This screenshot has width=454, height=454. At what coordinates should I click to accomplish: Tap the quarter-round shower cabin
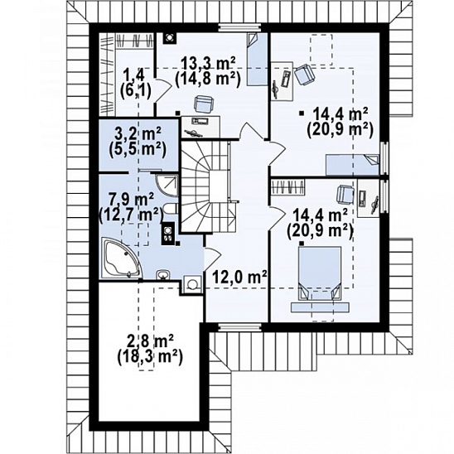(167, 186)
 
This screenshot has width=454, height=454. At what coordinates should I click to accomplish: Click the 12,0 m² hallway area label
(239, 278)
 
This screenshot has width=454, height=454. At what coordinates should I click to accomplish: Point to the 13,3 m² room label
(208, 63)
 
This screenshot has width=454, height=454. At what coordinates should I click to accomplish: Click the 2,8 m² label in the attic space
(150, 341)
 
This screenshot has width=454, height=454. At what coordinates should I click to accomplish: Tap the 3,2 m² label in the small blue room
(138, 134)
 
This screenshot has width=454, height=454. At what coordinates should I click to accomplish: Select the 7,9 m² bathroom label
(131, 200)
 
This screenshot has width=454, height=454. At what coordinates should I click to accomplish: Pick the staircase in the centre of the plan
(208, 186)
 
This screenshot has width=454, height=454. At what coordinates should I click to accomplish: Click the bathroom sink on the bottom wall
(163, 275)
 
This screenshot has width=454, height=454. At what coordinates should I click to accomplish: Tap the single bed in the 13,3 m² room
(258, 59)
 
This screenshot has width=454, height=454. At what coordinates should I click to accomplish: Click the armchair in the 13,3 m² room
(205, 104)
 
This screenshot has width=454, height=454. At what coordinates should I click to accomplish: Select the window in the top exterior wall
(239, 27)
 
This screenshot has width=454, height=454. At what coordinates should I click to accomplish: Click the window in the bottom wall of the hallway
(239, 327)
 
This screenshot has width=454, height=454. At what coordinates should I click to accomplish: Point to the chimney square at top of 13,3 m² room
(169, 38)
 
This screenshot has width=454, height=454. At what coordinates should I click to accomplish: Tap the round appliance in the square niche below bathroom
(192, 284)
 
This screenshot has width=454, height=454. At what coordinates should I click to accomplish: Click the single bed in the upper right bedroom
(353, 165)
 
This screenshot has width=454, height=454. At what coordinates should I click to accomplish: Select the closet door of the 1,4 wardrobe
(162, 89)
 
